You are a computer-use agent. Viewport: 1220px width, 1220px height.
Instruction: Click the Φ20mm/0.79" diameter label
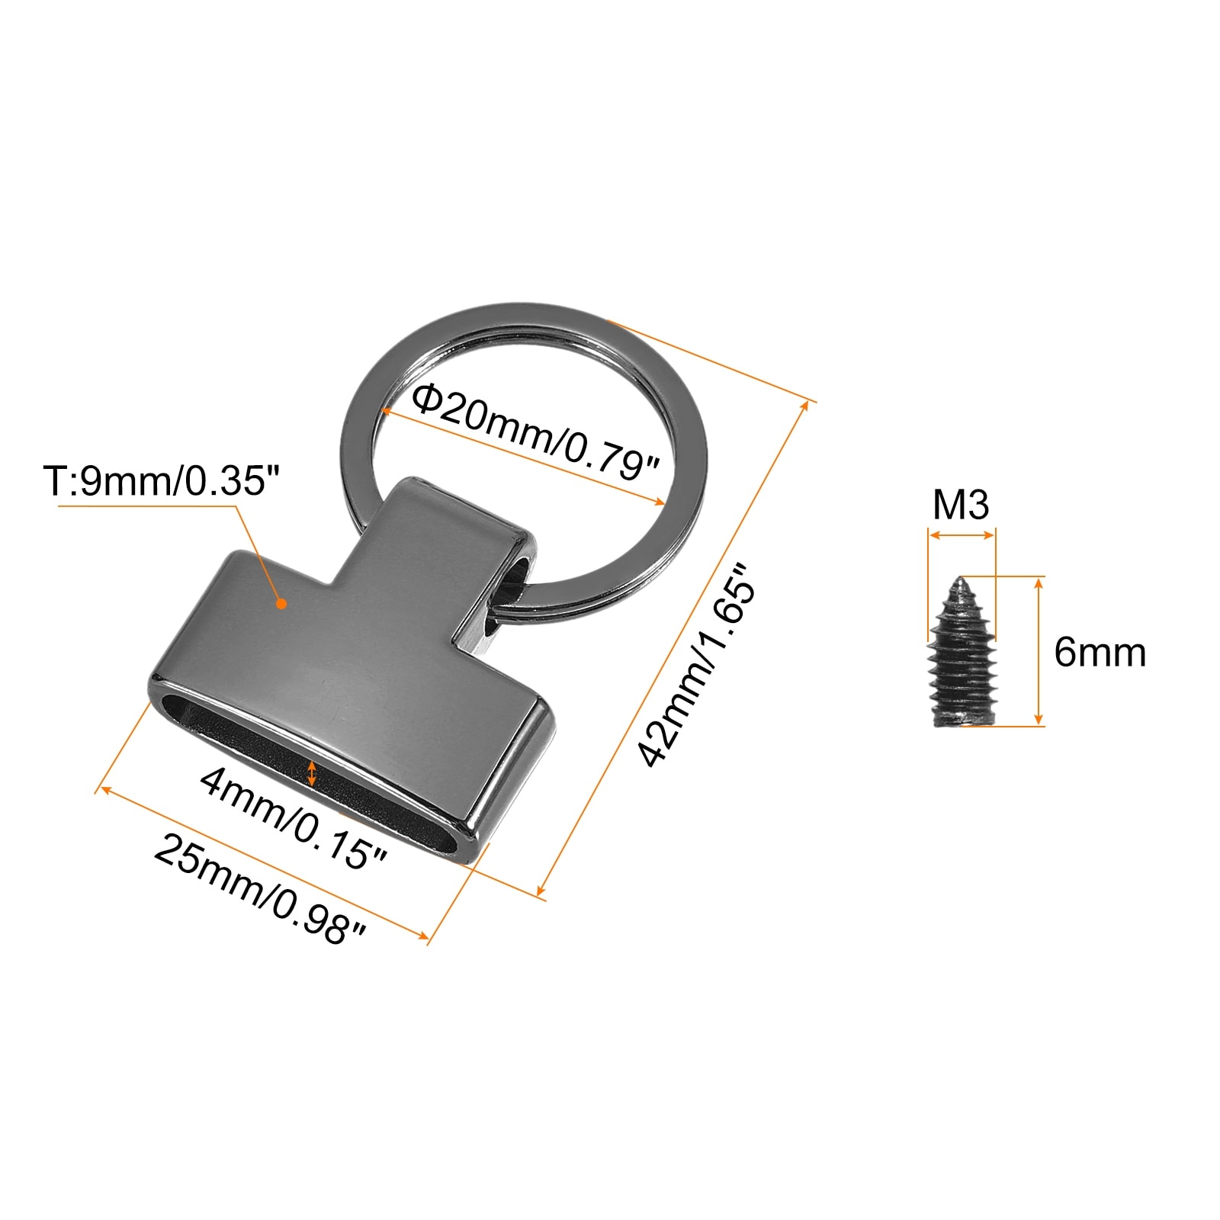[x=535, y=432]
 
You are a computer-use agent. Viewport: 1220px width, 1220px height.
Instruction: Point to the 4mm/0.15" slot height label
[x=294, y=818]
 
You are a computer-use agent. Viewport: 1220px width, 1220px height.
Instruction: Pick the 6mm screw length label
[x=1100, y=653]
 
